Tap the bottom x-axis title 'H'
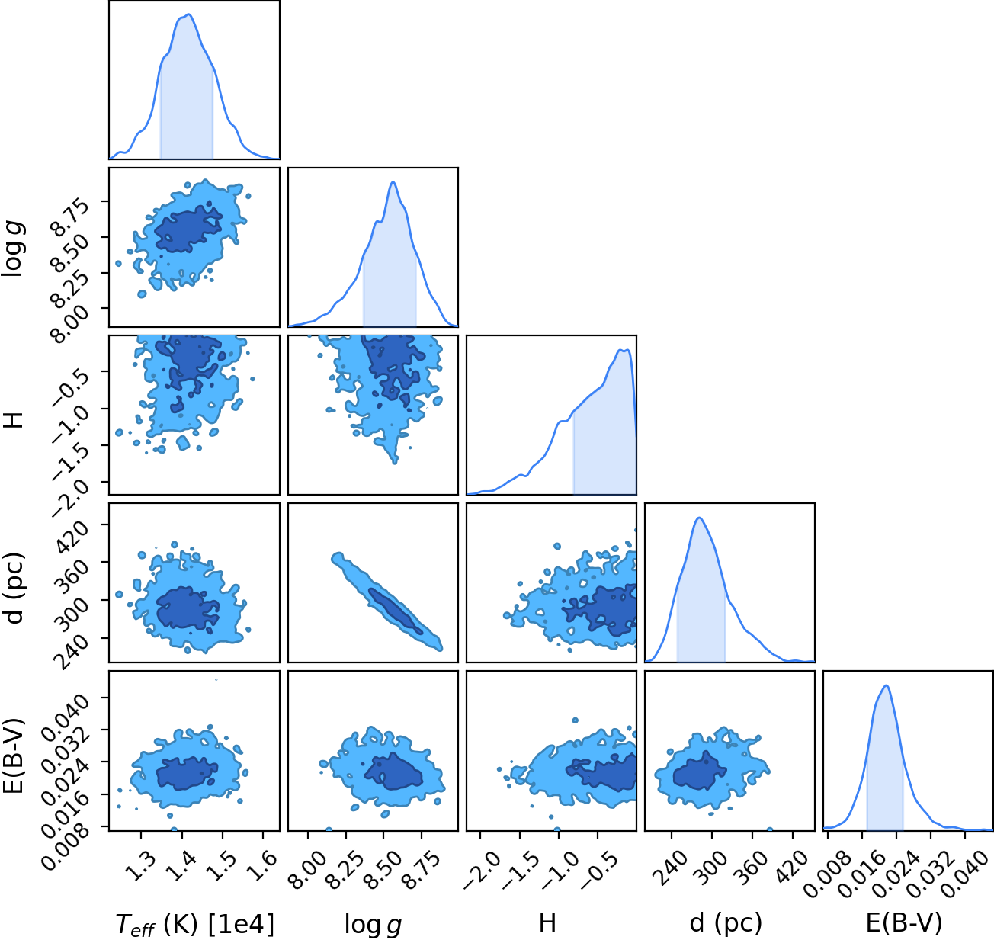click(x=547, y=922)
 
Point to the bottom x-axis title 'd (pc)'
click(x=726, y=924)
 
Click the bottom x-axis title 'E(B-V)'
click(x=904, y=924)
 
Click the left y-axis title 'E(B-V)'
click(x=14, y=756)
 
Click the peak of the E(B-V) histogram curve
click(x=887, y=685)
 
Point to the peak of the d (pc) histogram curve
click(x=699, y=518)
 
